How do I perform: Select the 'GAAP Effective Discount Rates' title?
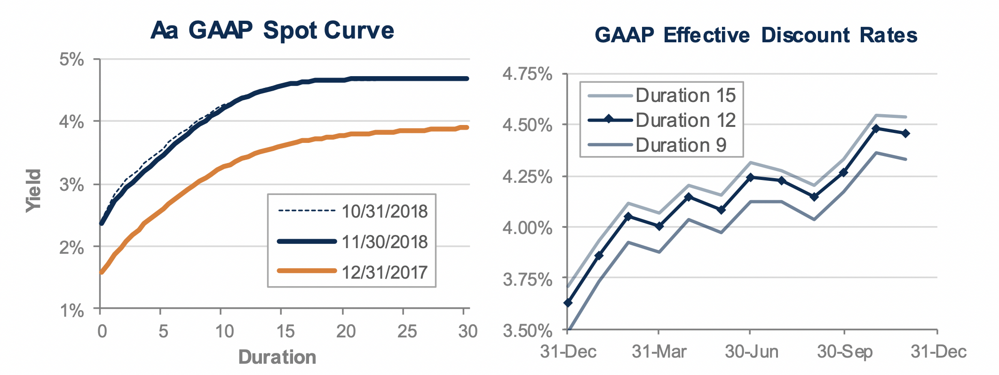point(756,35)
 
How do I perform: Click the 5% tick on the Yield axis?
point(72,60)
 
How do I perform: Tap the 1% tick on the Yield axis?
point(72,311)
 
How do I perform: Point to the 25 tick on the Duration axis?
point(407,332)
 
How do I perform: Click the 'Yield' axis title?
point(34,190)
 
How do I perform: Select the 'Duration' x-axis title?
point(277,358)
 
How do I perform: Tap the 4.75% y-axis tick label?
point(527,74)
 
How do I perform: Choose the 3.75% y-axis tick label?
point(527,280)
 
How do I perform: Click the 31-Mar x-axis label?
point(658,352)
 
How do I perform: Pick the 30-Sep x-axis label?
point(844,352)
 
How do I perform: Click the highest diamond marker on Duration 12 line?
point(875,128)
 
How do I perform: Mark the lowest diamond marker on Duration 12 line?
point(568,303)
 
